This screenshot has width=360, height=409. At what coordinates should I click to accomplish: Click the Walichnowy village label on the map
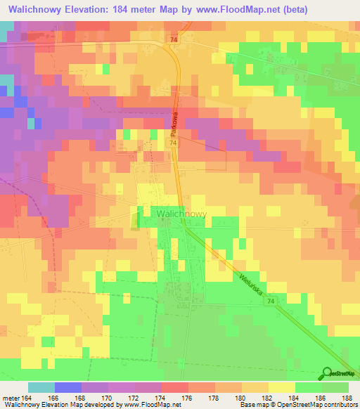coord(181,213)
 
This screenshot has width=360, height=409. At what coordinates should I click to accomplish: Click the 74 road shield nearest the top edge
coord(174,41)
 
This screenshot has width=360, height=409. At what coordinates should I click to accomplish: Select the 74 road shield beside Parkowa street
coord(172,143)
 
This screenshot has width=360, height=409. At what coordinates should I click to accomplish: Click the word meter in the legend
coord(11,399)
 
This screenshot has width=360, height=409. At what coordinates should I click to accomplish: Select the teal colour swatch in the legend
coord(41,388)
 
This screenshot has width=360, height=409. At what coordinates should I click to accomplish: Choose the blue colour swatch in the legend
coord(67,388)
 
